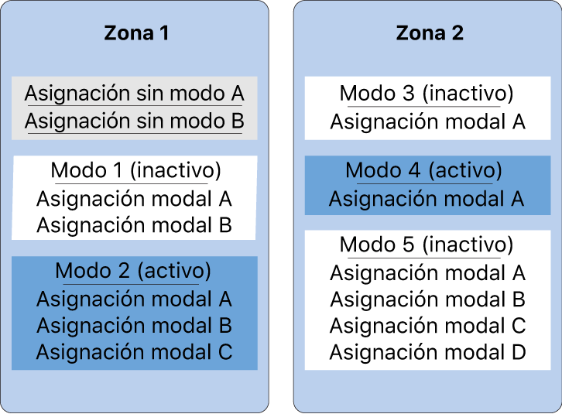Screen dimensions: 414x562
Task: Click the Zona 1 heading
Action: coord(135,33)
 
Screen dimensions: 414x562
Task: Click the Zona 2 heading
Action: coord(430,33)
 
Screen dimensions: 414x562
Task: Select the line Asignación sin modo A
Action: coord(134,94)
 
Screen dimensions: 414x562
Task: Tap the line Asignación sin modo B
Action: coord(134,121)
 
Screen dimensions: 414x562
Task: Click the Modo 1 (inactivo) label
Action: coord(135,170)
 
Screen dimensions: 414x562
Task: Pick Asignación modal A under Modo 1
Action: coord(134,198)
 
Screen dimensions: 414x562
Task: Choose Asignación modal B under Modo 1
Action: coord(134,225)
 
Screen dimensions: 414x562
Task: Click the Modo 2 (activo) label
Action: coord(133,272)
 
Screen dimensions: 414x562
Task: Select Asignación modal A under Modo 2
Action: coord(134,299)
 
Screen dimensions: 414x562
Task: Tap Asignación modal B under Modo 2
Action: coord(134,325)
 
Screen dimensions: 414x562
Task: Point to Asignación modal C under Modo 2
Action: coord(134,352)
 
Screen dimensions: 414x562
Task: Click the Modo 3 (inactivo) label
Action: coord(427,94)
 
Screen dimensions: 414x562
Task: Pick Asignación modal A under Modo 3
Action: coord(427,121)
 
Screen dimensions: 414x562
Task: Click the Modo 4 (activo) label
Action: coord(423,170)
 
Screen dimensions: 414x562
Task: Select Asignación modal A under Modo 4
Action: coord(427,199)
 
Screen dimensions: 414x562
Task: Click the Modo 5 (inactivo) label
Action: coord(427,245)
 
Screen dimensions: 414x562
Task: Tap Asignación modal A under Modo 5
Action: coord(427,272)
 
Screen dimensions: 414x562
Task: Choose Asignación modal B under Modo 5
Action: coord(427,299)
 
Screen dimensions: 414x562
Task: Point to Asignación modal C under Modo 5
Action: coord(427,326)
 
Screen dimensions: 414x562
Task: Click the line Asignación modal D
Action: coord(427,353)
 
